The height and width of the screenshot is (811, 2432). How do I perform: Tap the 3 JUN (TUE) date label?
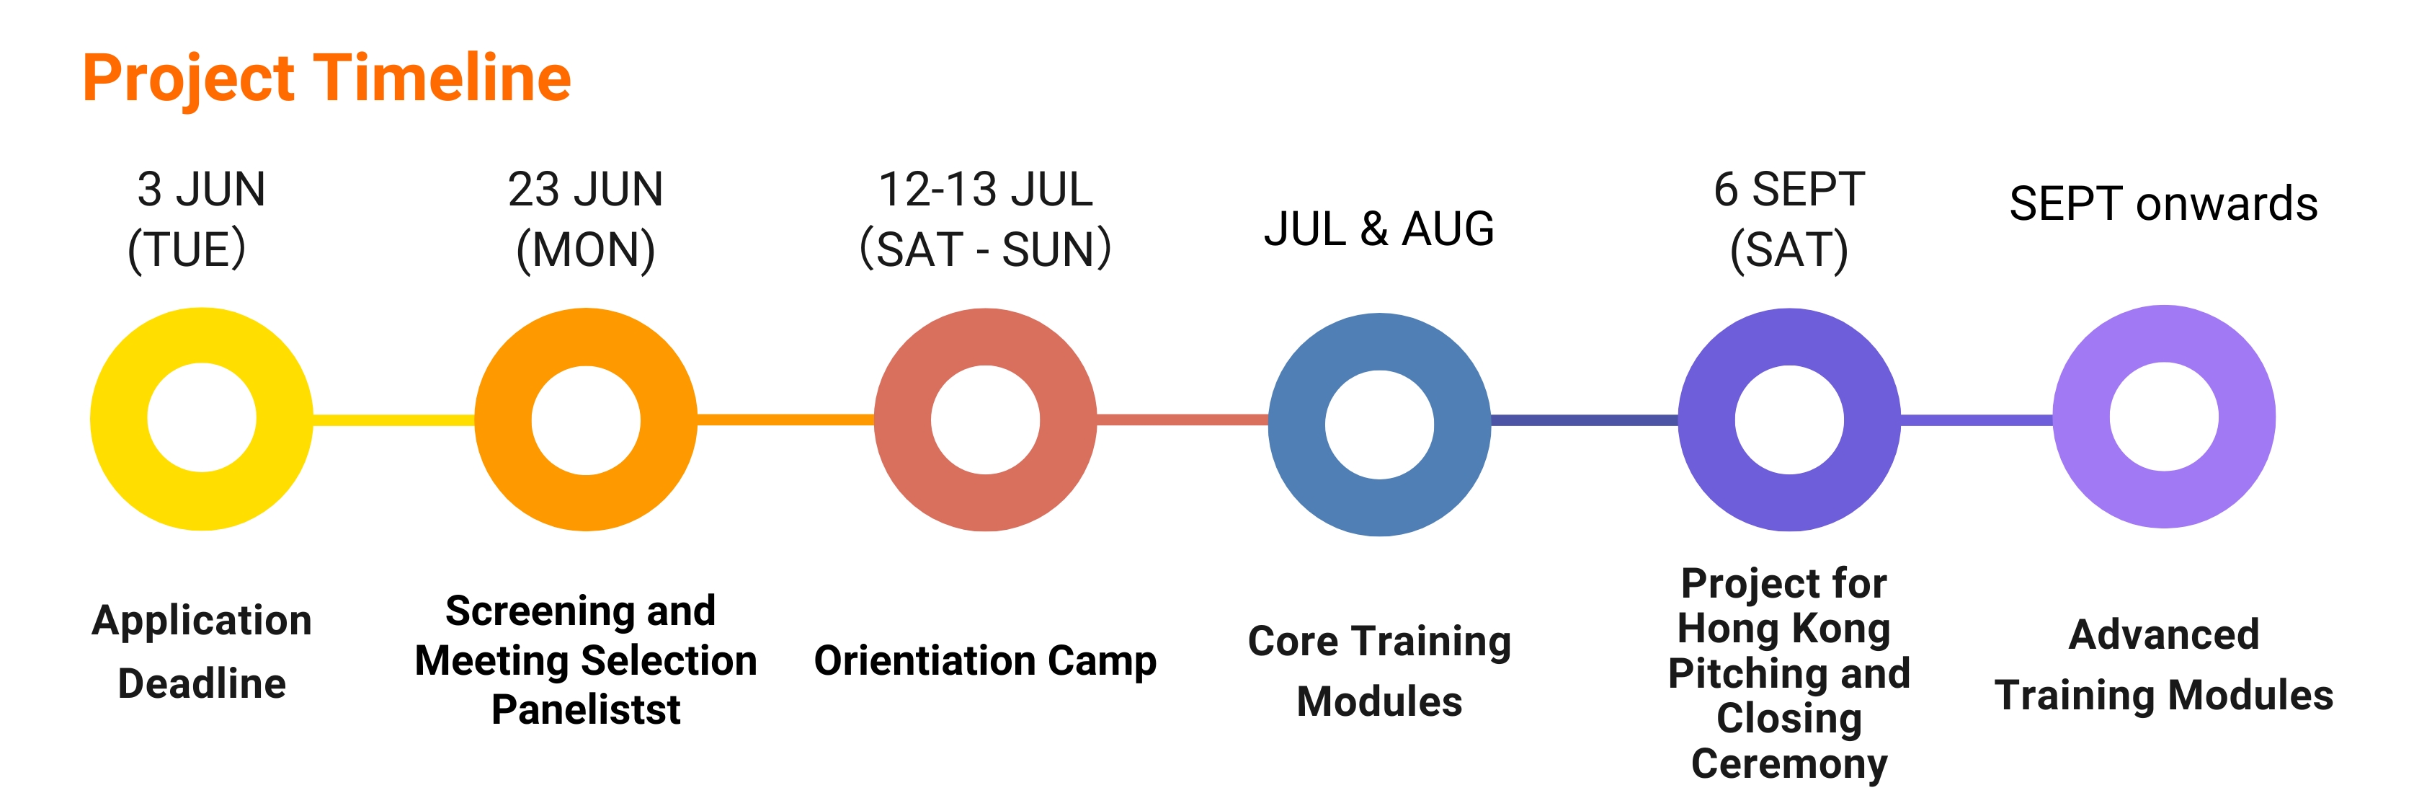197,220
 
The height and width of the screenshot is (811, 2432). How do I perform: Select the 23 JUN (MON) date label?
585,220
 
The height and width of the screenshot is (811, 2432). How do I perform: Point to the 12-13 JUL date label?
985,220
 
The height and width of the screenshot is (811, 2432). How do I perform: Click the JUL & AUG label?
1379,229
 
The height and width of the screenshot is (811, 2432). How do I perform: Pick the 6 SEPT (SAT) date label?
1789,220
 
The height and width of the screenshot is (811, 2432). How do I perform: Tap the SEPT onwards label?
2163,204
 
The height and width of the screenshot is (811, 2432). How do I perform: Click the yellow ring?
119,419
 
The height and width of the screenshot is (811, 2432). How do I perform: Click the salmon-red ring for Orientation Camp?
903,419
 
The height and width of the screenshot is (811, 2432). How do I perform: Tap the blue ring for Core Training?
1297,424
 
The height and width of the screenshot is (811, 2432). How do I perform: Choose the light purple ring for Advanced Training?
2082,417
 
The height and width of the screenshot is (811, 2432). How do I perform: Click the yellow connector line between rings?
393,419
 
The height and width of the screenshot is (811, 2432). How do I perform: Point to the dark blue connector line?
1584,419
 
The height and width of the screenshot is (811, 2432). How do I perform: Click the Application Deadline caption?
201,652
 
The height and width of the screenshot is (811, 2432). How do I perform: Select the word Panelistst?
585,710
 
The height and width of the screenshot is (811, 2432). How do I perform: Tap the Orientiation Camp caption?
985,661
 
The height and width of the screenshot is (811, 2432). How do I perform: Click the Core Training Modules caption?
1379,671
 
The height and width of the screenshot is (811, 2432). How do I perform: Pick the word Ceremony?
1789,763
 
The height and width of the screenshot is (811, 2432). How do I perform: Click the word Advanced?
2164,634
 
